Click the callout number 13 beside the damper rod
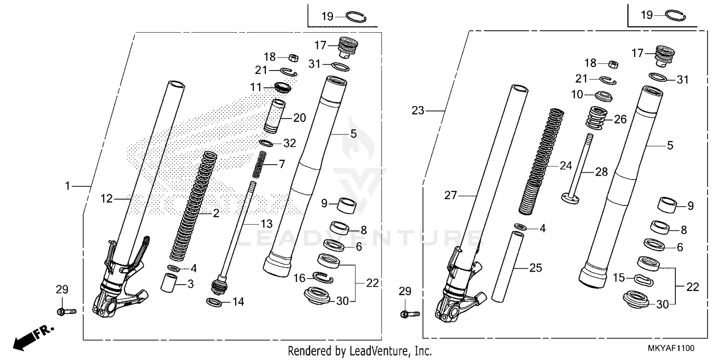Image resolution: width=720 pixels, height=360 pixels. pos(266,224)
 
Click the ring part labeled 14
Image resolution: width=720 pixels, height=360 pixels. pos(214,302)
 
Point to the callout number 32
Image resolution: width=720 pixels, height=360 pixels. pos(289,143)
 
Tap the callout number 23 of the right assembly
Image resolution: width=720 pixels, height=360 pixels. pos(418,111)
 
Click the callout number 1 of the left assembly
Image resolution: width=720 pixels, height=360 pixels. pos(68,185)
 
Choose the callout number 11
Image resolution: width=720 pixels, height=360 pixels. pos(255,87)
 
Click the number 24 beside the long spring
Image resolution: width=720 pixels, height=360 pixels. pos(566,166)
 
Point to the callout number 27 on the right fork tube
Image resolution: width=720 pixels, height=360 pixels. pos(451,195)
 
